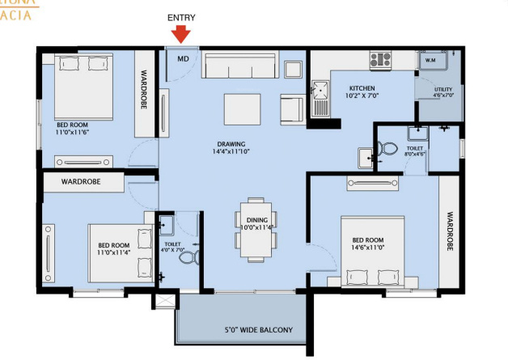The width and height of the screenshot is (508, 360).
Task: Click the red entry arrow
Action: pos(181,33)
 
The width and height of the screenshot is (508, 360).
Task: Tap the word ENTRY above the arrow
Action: pos(181,17)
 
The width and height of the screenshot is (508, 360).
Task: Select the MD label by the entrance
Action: pos(184,58)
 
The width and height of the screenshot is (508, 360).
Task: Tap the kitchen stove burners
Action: pos(380,59)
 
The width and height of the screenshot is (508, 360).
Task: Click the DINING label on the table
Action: pos(255,220)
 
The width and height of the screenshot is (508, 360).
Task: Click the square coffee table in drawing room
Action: pos(240,107)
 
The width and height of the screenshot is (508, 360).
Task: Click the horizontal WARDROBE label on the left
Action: pos(81,182)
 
